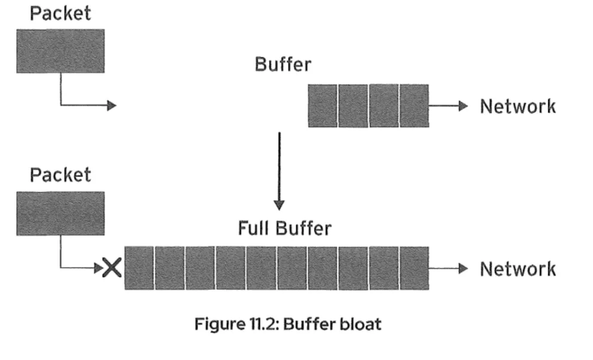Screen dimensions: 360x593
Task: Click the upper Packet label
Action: tap(60, 13)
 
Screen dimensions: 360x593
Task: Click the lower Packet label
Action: tap(60, 175)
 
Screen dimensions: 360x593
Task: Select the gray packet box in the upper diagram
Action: tap(60, 51)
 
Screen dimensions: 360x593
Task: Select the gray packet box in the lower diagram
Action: tap(60, 213)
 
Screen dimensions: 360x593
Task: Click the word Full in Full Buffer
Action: tap(256, 228)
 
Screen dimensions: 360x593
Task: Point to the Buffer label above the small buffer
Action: tap(282, 64)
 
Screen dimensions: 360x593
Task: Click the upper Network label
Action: tap(518, 106)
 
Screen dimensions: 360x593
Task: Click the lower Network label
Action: tap(518, 269)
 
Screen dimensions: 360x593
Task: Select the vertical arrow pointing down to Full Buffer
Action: tap(278, 170)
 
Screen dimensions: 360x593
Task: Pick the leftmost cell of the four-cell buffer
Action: tap(323, 106)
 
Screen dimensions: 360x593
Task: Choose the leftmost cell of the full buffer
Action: tap(139, 268)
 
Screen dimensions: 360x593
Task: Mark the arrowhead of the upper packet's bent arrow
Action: tap(111, 106)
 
